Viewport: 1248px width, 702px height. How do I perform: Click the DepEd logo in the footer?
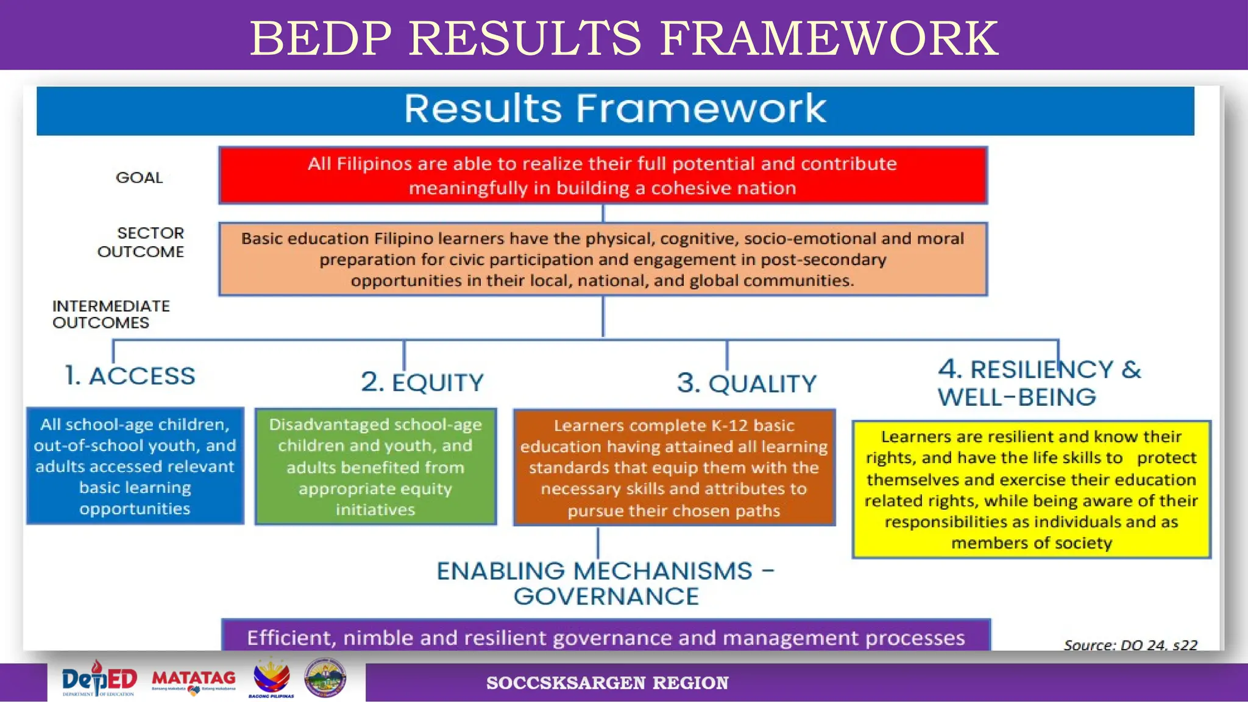(99, 679)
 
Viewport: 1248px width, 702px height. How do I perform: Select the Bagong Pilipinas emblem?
(272, 678)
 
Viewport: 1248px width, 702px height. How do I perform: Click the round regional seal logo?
(325, 678)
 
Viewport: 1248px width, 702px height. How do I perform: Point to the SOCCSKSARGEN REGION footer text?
(607, 683)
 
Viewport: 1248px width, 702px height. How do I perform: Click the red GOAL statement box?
(603, 175)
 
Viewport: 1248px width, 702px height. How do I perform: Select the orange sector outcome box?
(603, 260)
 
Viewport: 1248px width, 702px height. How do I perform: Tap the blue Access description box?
(135, 466)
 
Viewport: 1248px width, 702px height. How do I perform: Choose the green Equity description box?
(375, 467)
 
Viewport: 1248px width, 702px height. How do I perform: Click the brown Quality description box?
(674, 467)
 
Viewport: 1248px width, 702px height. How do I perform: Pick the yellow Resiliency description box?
(1031, 489)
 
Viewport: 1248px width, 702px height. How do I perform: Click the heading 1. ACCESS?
(130, 376)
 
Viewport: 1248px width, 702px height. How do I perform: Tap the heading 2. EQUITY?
(422, 383)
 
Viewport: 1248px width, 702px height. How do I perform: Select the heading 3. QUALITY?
(746, 384)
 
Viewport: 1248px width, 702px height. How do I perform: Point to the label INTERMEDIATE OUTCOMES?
(111, 314)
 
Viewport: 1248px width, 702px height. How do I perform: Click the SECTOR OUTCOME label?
(141, 243)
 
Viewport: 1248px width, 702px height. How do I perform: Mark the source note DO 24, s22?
(1130, 645)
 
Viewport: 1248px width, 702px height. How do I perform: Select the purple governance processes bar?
(606, 637)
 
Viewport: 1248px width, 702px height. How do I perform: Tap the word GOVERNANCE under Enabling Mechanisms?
(606, 597)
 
